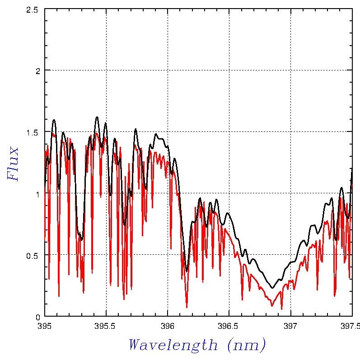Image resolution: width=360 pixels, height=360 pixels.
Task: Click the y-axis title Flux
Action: [14, 164]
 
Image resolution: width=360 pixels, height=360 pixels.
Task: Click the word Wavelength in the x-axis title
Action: [173, 345]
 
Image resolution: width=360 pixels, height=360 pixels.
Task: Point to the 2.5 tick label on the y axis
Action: [33, 9]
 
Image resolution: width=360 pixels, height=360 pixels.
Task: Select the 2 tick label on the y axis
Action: [38, 70]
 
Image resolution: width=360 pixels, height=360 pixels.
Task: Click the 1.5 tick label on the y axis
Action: [33, 132]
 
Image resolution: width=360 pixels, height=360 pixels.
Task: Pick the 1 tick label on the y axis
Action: [38, 193]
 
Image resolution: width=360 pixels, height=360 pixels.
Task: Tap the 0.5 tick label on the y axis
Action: [33, 255]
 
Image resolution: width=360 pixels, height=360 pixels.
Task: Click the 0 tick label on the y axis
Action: [38, 316]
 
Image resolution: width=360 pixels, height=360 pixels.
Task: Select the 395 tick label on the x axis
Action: [45, 325]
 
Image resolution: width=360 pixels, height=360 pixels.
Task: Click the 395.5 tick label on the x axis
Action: [106, 325]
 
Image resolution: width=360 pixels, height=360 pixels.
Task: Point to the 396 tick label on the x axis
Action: [168, 325]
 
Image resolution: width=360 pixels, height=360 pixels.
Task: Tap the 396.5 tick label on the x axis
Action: [229, 325]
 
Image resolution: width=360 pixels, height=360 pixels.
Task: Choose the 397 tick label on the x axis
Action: [290, 325]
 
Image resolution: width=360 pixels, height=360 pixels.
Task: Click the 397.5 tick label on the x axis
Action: [352, 325]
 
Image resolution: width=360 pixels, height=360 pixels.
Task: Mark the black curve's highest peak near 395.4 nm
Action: [97, 117]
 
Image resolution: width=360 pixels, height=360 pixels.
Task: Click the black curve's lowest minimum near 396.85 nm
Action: [272, 288]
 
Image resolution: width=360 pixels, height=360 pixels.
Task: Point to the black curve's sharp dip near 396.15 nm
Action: [187, 271]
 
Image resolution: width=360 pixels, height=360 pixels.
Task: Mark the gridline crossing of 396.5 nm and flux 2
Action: [229, 70]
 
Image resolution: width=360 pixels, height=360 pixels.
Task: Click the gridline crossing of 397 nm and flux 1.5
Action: [290, 132]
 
